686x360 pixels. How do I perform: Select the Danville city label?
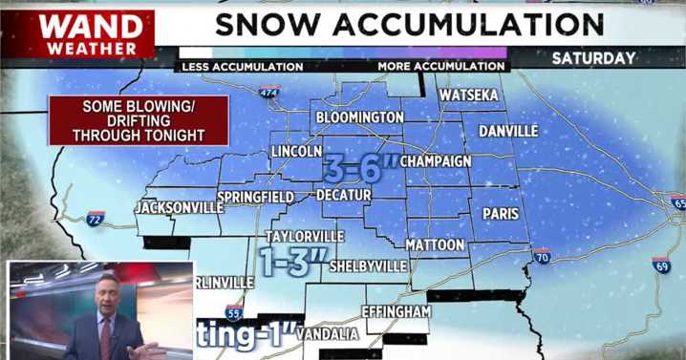[508, 131]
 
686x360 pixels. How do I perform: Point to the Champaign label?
[436, 161]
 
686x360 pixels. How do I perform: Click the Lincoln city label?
[296, 153]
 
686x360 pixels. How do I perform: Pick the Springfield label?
[255, 198]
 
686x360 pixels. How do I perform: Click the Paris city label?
[501, 214]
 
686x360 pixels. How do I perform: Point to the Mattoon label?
[435, 245]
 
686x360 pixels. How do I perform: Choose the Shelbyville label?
[368, 266]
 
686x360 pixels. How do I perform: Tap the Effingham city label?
[397, 311]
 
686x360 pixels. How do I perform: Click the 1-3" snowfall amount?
[294, 260]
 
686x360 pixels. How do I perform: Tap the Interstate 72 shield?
[95, 219]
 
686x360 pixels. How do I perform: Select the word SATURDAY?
[593, 58]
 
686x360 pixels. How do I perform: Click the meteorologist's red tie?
[105, 336]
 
